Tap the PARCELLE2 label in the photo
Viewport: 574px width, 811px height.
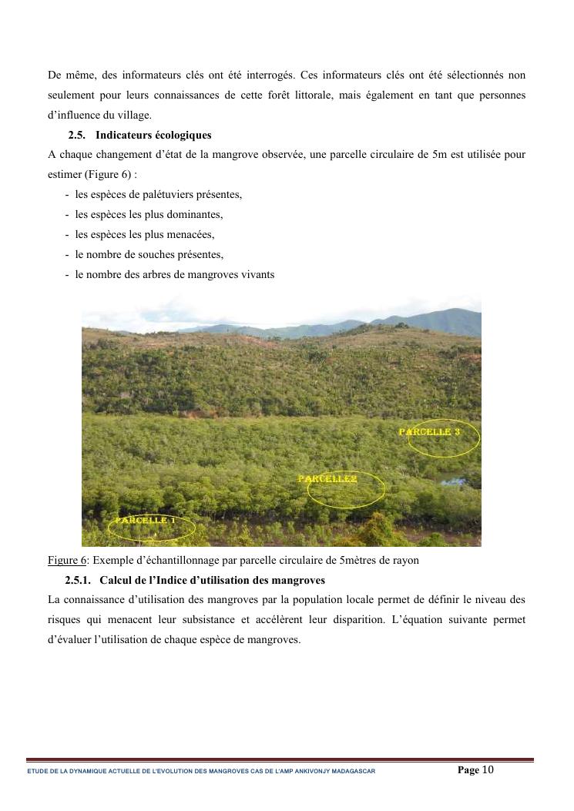327,479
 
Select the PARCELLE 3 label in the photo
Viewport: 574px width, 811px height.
429,432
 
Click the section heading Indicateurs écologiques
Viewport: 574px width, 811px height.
153,136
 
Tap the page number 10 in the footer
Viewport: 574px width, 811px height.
488,769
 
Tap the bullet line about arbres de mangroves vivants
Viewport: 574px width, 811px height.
174,274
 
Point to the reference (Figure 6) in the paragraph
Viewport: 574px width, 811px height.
102,174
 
